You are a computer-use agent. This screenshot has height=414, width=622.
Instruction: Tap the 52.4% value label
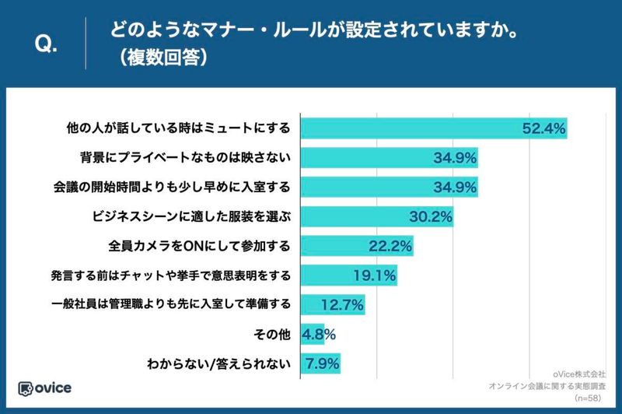[543, 128]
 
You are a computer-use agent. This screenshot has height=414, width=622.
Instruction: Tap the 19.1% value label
[375, 275]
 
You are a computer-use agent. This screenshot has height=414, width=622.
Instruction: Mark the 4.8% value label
[320, 334]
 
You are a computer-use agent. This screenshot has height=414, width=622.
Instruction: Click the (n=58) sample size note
[590, 397]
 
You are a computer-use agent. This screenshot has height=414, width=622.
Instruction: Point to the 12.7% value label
[343, 304]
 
